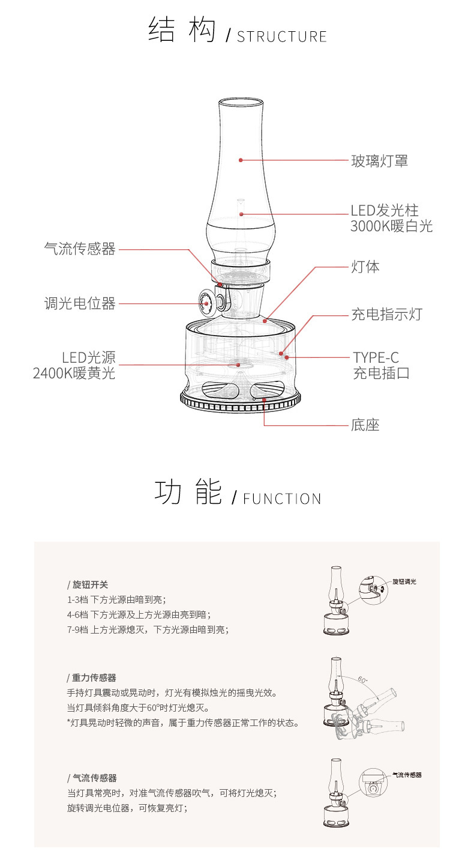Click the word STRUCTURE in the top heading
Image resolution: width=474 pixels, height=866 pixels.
tap(281, 37)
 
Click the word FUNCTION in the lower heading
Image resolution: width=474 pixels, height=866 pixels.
tap(282, 499)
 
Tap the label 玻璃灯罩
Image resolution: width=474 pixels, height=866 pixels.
tap(379, 160)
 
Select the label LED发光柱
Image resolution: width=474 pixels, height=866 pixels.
tap(385, 211)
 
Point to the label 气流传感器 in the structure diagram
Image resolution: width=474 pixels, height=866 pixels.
tap(80, 249)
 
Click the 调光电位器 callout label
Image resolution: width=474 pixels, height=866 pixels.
tap(80, 304)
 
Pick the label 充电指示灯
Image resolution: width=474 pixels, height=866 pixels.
tap(386, 314)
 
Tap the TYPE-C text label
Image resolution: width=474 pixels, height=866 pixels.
tap(376, 359)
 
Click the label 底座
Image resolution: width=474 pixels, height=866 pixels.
tap(365, 425)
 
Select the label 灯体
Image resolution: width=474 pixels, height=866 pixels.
tap(365, 267)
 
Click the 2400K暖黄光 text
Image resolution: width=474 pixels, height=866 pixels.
tap(74, 373)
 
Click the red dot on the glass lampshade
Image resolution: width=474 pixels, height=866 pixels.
tap(241, 160)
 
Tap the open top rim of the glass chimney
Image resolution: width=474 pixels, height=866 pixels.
tap(240, 101)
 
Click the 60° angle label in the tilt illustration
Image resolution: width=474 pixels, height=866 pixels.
tap(362, 679)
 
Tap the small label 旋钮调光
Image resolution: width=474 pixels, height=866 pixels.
tap(404, 581)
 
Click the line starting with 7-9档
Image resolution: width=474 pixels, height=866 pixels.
tap(148, 629)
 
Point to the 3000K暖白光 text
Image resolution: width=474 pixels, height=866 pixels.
tap(391, 226)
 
